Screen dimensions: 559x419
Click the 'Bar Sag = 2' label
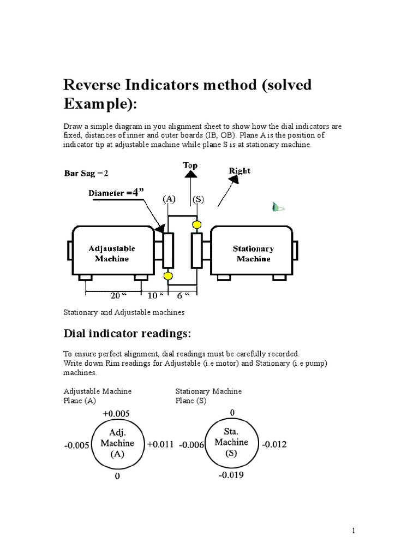(x=87, y=174)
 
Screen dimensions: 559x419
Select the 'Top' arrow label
(x=190, y=165)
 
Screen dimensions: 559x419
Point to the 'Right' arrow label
(x=239, y=170)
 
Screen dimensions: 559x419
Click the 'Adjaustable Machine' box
(x=111, y=253)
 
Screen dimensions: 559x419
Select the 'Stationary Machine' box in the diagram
(x=253, y=253)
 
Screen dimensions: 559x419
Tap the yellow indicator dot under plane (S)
(x=196, y=224)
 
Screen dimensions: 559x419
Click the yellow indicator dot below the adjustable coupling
(x=168, y=276)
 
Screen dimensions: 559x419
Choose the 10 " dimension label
(x=155, y=295)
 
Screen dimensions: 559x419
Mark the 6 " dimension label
(x=183, y=295)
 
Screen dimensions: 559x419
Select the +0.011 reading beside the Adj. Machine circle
(x=160, y=444)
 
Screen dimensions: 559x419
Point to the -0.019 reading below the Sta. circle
(x=231, y=475)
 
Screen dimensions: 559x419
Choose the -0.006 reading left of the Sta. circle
(x=191, y=445)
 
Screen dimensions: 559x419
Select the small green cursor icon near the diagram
(x=278, y=207)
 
